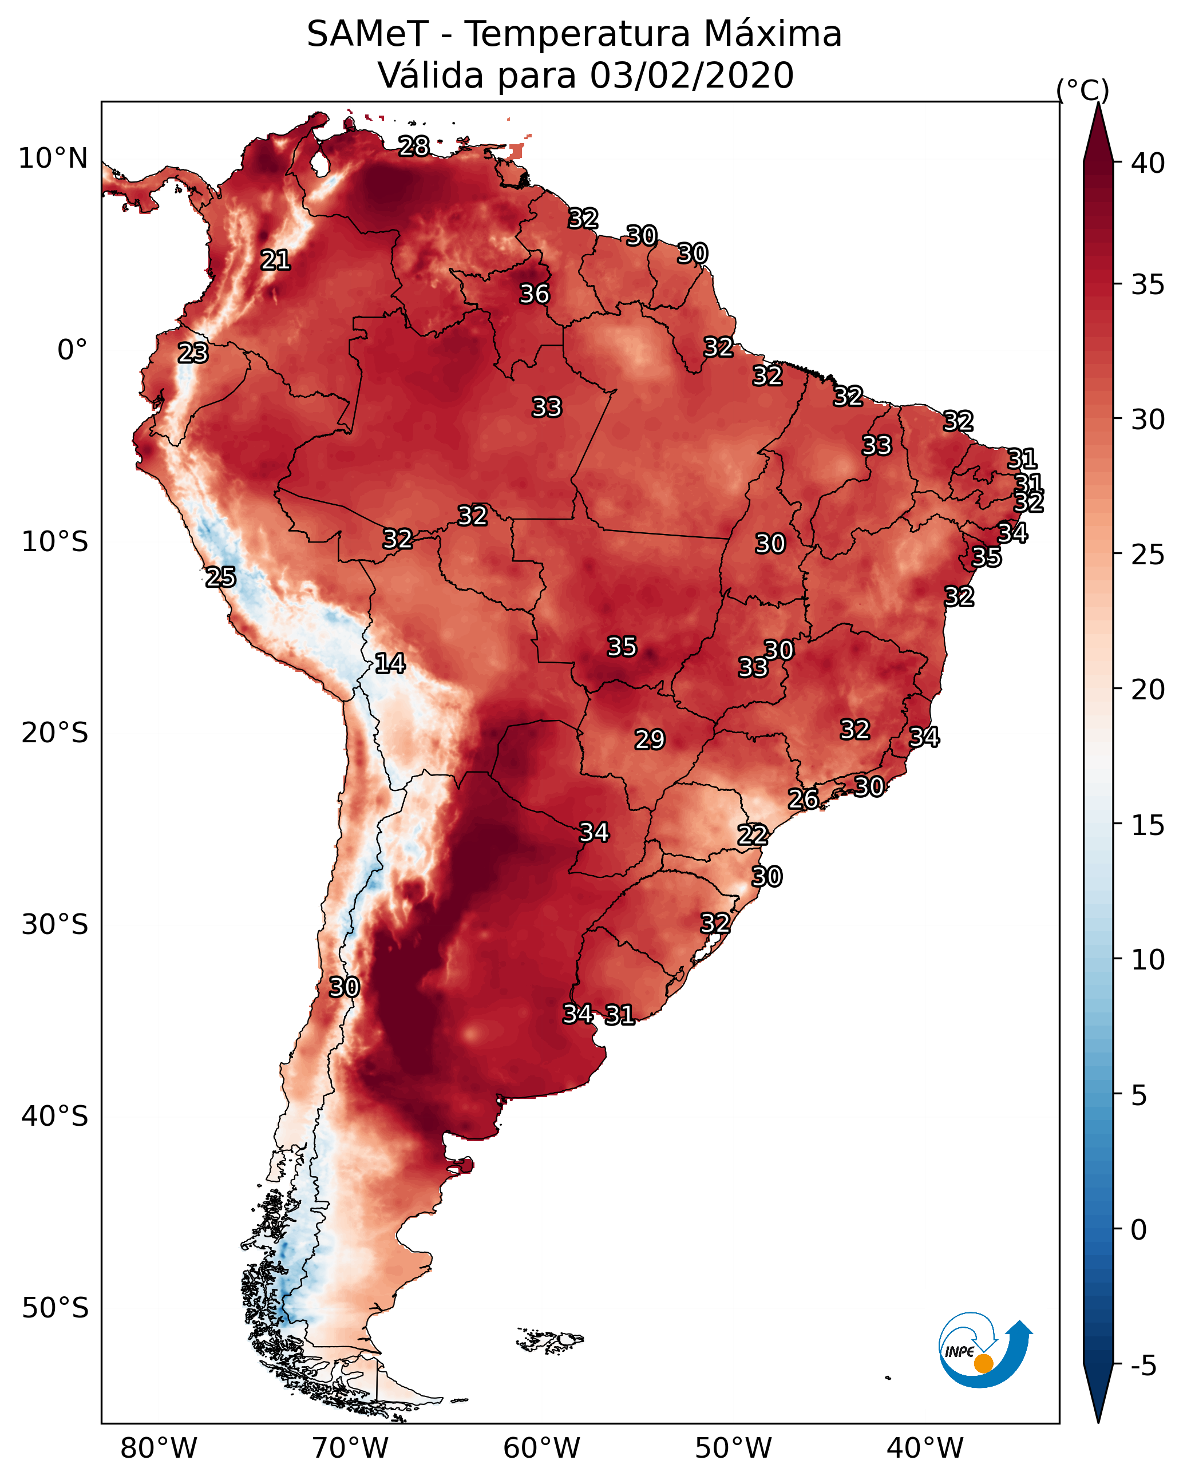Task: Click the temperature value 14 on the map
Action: click(390, 663)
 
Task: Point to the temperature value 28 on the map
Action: click(414, 145)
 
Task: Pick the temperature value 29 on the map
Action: click(650, 739)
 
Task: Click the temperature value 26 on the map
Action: click(802, 798)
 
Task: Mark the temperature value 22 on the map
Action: click(753, 835)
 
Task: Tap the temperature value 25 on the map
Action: click(220, 577)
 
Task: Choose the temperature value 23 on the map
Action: click(193, 353)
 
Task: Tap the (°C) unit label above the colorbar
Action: click(1083, 90)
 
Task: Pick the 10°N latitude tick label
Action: click(53, 159)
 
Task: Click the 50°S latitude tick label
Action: click(55, 1308)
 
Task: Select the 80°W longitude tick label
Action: click(159, 1449)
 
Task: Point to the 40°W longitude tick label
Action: click(925, 1449)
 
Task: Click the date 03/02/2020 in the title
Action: click(692, 76)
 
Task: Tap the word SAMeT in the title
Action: click(368, 34)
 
